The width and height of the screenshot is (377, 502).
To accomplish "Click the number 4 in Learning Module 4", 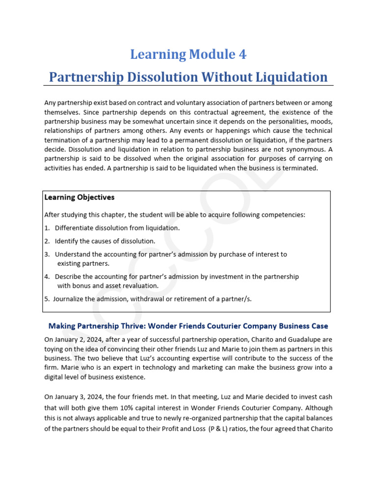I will click(x=242, y=54).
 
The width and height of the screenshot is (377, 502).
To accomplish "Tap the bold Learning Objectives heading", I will click(x=79, y=197).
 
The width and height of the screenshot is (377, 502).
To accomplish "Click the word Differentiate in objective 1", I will click(x=76, y=228).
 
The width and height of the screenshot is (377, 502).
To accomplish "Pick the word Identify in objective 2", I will click(x=67, y=241).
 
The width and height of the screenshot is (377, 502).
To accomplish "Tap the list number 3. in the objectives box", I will click(x=47, y=254).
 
